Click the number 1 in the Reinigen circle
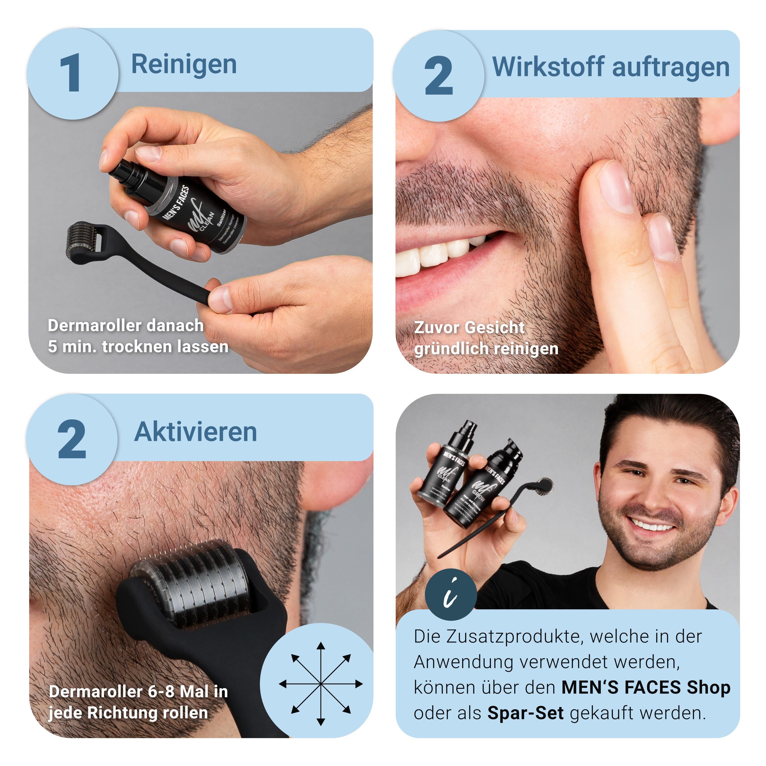point(71,73)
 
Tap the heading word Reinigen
point(184,65)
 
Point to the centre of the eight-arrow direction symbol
point(321,684)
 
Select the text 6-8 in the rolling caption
point(162,692)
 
